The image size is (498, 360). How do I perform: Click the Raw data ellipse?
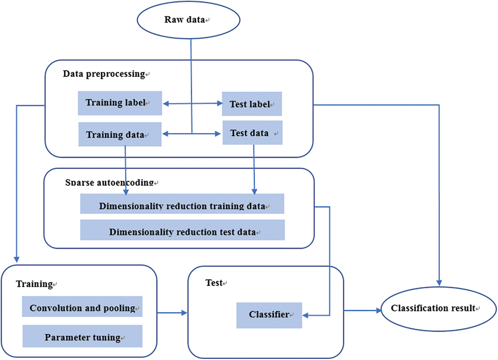(x=188, y=20)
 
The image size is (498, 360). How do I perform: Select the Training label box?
(x=120, y=103)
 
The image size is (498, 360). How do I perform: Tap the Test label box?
(x=252, y=104)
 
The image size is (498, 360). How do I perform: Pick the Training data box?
(x=120, y=134)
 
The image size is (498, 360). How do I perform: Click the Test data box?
(x=252, y=133)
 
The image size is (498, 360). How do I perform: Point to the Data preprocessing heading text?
(x=104, y=74)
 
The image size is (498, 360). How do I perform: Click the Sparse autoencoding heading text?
(x=109, y=182)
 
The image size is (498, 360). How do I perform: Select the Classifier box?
(x=269, y=315)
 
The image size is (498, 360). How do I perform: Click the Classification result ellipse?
(x=438, y=309)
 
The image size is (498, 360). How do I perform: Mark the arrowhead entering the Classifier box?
(x=305, y=316)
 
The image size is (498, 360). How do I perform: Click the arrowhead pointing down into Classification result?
(x=439, y=283)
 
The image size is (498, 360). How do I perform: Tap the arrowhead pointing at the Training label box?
(x=166, y=104)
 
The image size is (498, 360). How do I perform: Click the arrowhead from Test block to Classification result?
(x=379, y=311)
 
